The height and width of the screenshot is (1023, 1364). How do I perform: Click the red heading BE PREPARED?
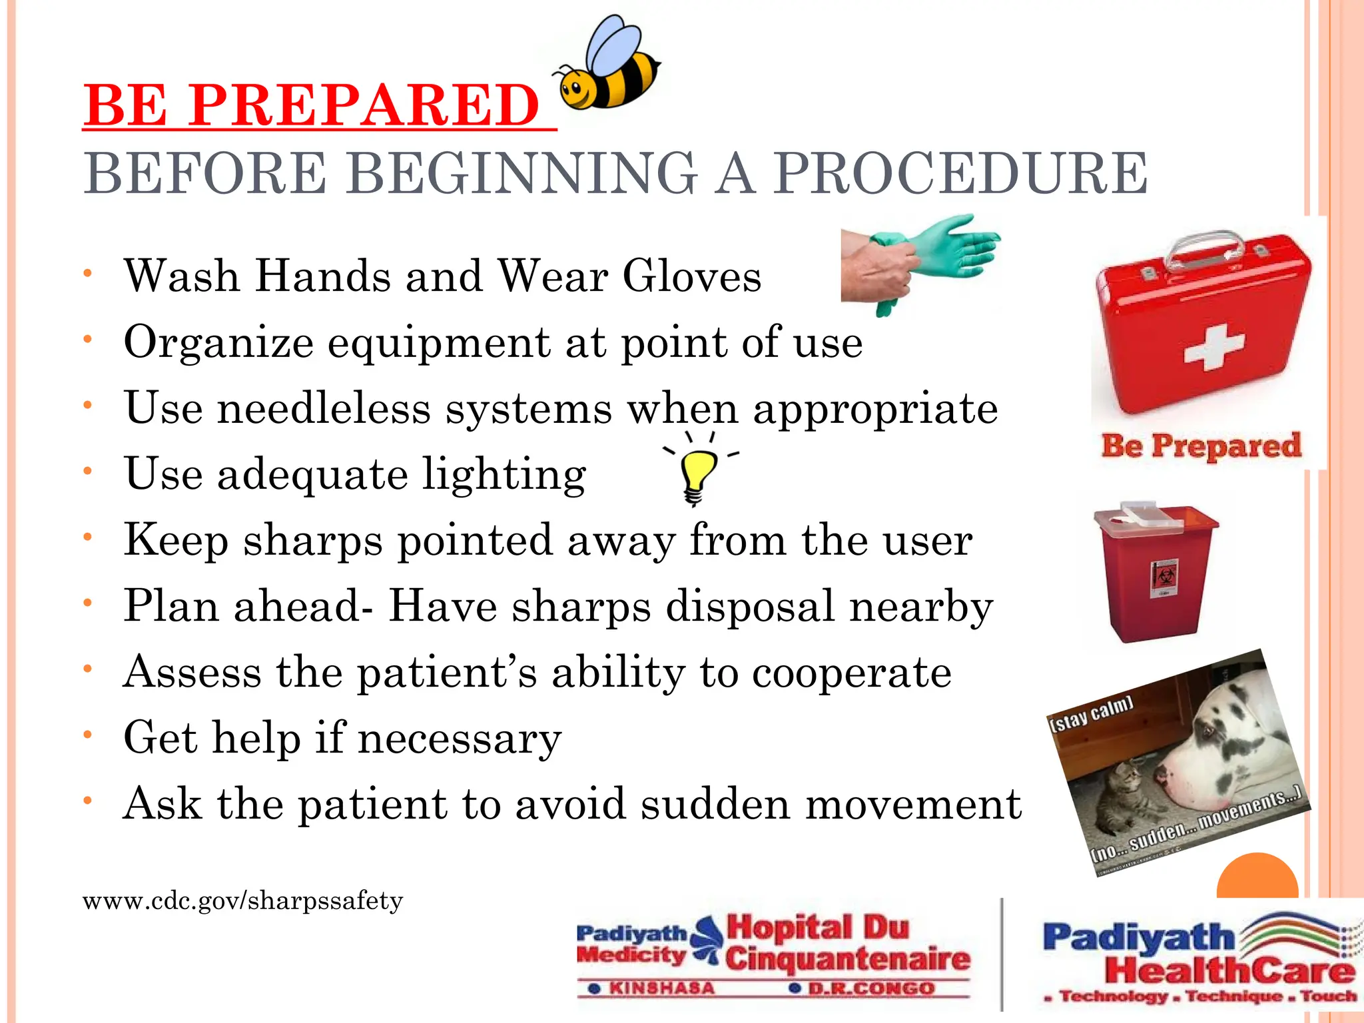312,105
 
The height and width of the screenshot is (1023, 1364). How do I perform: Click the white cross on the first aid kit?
1213,347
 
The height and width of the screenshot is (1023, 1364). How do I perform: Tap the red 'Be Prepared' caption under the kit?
1201,446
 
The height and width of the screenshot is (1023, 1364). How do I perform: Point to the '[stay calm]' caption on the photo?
1091,714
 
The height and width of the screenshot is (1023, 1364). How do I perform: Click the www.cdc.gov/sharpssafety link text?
243,901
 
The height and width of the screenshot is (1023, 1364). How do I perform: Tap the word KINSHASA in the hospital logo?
661,988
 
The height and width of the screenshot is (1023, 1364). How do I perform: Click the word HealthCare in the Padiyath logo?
1229,970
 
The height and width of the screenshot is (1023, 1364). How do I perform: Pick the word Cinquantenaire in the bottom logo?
847,958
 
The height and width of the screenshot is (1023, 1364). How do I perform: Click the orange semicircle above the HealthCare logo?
1257,878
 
